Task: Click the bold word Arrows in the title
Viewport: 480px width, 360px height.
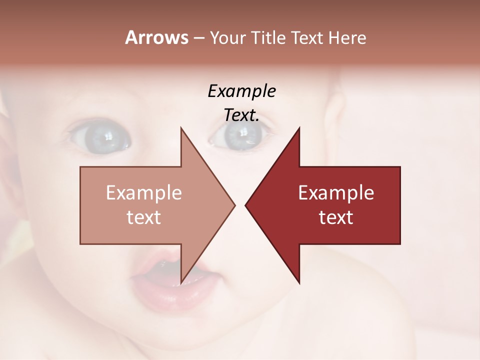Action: click(156, 37)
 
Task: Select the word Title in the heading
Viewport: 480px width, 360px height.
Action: click(270, 38)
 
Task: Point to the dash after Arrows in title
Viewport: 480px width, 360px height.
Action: click(198, 38)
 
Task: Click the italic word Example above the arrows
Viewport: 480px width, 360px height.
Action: click(241, 91)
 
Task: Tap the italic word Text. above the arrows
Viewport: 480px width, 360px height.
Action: click(241, 115)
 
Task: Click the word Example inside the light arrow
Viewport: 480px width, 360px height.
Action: click(144, 192)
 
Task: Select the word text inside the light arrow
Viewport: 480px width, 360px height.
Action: click(144, 217)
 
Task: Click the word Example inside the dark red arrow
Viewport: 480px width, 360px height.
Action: click(336, 192)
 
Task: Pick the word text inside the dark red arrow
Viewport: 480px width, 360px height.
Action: click(336, 217)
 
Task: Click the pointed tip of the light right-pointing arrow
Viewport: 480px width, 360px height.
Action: click(234, 205)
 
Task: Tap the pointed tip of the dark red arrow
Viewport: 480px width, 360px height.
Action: click(245, 205)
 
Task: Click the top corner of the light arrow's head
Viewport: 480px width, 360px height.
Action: click(181, 128)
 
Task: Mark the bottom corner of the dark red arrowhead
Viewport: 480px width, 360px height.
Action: click(299, 283)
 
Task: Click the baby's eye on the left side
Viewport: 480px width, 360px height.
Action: click(100, 135)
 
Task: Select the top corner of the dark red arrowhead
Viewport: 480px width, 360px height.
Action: click(299, 128)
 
